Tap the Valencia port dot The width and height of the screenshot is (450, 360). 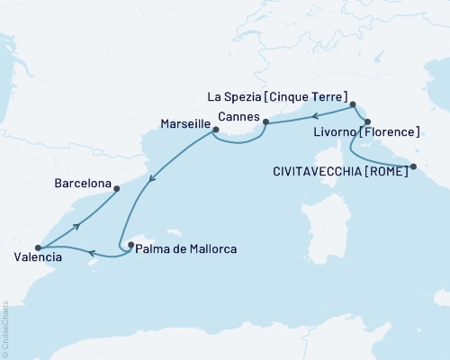[x=38, y=247]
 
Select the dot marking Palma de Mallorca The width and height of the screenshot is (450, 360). [x=130, y=243]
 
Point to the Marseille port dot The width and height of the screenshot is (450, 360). [x=214, y=131]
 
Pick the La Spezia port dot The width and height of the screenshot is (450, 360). [x=353, y=104]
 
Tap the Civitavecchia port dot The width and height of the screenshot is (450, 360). [x=413, y=166]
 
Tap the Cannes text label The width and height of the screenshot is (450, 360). [x=238, y=118]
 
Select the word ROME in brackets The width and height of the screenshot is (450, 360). [x=384, y=167]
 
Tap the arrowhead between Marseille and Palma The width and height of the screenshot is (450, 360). [x=150, y=178]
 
